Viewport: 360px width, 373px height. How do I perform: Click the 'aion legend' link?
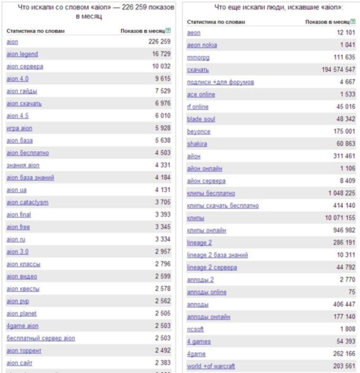tap(22, 54)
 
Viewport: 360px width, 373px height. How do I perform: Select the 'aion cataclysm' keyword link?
tap(28, 202)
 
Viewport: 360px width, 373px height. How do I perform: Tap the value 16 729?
tap(159, 54)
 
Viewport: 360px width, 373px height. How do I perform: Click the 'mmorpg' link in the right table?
tap(198, 57)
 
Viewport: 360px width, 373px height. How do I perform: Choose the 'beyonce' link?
tap(199, 131)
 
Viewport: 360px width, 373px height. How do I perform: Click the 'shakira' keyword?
tap(197, 144)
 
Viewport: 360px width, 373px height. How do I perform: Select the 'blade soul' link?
tap(201, 119)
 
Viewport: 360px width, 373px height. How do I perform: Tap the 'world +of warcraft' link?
tap(211, 366)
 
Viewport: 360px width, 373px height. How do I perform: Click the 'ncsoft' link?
tap(196, 329)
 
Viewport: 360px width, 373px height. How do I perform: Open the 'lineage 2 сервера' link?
tap(212, 268)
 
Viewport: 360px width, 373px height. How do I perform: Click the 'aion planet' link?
tap(22, 314)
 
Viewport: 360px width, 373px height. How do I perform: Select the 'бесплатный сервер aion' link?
tap(41, 338)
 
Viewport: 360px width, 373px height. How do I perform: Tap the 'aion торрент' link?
tap(24, 351)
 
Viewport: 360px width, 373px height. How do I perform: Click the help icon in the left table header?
tap(168, 31)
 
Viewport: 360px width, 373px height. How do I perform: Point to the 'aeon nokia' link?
tap(202, 45)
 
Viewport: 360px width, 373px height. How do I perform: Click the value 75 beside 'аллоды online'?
tap(352, 292)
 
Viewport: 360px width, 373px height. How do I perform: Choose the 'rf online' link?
tap(197, 107)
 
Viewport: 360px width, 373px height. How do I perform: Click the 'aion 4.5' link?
tap(17, 116)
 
